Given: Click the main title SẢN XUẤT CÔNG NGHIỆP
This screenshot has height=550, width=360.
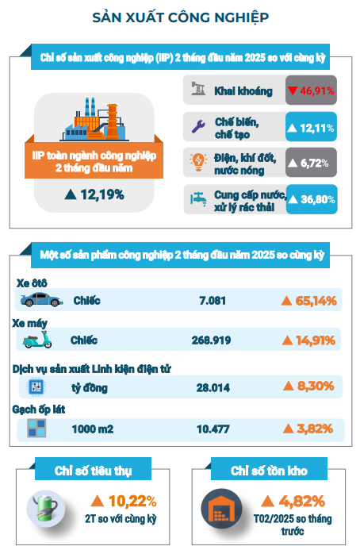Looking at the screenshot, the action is [x=180, y=17].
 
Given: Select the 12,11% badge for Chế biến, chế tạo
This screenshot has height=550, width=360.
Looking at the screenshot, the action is [x=312, y=127].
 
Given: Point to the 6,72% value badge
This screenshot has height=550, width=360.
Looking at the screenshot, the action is [x=312, y=163].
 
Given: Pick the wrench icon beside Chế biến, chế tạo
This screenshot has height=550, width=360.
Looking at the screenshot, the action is [x=198, y=127].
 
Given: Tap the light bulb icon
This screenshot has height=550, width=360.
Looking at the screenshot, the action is [x=198, y=163].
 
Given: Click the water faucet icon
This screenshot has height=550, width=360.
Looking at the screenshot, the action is [x=198, y=199].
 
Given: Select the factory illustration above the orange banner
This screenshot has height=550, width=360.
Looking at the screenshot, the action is [x=94, y=119].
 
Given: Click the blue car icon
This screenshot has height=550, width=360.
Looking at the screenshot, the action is [x=41, y=300].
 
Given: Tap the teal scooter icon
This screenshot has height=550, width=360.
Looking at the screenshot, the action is [x=37, y=340].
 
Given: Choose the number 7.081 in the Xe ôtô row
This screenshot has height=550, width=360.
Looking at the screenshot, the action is [x=213, y=301].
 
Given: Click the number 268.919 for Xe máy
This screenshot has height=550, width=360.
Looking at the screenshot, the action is [x=212, y=340].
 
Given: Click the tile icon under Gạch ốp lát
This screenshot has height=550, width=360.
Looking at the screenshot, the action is [x=36, y=429].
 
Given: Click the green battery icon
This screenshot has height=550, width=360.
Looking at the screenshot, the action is [x=45, y=508].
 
